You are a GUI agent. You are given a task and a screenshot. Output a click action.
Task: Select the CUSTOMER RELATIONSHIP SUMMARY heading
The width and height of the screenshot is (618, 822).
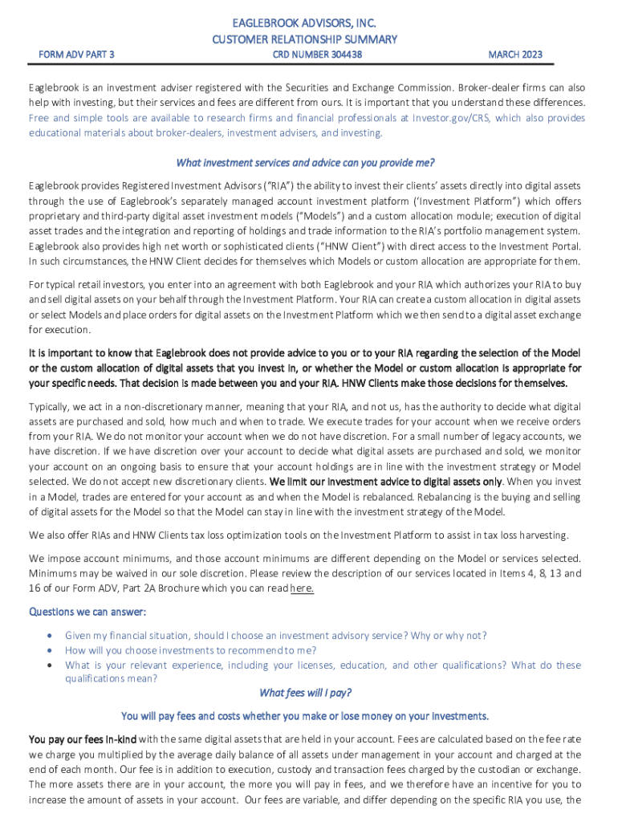304,39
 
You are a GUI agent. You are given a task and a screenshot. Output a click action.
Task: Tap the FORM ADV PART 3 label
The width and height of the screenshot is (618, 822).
76,55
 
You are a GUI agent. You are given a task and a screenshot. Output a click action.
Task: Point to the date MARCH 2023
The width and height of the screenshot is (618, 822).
515,55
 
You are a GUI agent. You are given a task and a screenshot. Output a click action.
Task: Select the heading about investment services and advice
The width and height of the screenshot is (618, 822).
304,163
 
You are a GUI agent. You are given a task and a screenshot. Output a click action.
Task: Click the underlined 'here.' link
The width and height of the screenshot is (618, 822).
302,588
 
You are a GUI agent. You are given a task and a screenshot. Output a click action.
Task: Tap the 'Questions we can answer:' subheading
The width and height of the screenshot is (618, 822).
87,612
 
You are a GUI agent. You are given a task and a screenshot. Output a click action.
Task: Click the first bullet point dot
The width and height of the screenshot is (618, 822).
51,635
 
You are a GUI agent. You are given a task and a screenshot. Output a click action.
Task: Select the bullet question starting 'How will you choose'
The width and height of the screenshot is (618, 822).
190,650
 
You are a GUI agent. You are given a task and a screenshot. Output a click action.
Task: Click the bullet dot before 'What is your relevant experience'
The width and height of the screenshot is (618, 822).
51,665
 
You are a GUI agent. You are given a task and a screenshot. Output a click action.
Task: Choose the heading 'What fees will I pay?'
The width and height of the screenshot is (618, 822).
305,693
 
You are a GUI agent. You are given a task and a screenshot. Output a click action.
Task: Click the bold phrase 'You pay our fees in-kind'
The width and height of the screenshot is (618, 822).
83,739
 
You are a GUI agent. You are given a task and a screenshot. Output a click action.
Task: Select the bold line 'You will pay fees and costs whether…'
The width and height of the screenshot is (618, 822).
304,716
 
